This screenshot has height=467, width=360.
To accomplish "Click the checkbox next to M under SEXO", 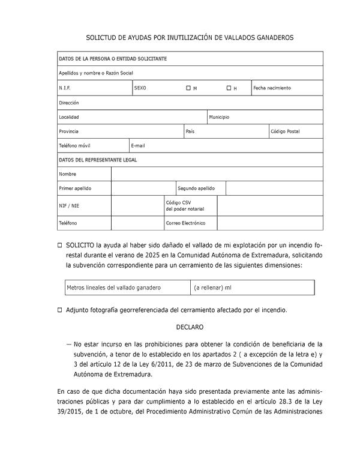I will [x=188, y=88].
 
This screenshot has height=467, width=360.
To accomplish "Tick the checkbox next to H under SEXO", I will [x=229, y=88].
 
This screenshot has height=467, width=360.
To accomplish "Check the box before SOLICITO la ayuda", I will [x=59, y=246].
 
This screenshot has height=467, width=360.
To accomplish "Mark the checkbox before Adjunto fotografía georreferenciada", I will [x=59, y=310].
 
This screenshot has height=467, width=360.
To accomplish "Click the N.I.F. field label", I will [x=65, y=88].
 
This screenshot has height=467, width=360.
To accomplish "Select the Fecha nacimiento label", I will [x=272, y=88].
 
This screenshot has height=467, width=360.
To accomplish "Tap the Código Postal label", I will [x=285, y=131].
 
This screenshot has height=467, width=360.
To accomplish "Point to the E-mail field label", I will [x=138, y=146].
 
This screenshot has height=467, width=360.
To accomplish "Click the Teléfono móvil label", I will [x=75, y=146].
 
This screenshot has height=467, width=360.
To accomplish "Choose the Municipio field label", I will [x=219, y=117].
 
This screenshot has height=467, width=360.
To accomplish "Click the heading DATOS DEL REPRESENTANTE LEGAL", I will [x=98, y=160].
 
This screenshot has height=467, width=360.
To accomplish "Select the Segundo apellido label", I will [x=196, y=188].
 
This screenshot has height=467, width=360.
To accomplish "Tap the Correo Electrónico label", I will [x=185, y=223].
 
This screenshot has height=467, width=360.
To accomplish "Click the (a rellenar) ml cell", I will [x=212, y=288].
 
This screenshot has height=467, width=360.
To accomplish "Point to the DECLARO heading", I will [x=190, y=327].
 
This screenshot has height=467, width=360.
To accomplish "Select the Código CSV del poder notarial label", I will [x=185, y=206].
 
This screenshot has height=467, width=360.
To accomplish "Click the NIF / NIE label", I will [x=68, y=206].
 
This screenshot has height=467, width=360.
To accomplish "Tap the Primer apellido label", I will [x=75, y=188].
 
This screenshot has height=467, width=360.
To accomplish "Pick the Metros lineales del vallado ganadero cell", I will [x=113, y=288].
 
